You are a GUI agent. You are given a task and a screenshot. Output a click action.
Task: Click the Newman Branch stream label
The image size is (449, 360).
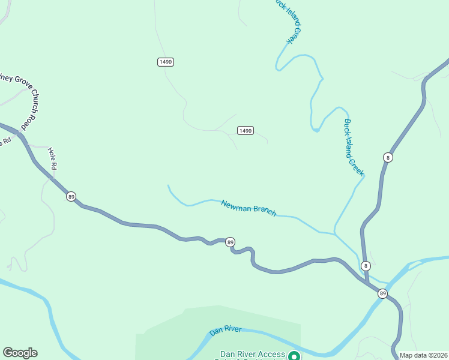point(249,208)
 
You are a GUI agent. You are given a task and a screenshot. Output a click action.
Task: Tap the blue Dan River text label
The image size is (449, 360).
point(225,331)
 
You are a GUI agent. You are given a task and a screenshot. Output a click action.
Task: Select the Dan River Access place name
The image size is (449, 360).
point(252,355)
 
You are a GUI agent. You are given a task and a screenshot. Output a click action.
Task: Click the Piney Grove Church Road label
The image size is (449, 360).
point(19,99)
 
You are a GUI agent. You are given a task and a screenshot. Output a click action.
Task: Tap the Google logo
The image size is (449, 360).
point(20,353)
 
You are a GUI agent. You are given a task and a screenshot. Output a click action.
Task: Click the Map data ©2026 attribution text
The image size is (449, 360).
point(423,355)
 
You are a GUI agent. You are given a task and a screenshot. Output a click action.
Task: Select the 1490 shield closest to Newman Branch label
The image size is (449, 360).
point(245,130)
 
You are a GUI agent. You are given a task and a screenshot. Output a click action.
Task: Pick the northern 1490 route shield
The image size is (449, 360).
point(166,62)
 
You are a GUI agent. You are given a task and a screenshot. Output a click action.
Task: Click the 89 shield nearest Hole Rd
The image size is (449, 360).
point(71,197)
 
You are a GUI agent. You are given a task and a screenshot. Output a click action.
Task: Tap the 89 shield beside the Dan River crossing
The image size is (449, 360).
point(382,293)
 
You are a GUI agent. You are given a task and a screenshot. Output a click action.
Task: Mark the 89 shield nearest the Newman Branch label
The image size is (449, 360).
point(230,242)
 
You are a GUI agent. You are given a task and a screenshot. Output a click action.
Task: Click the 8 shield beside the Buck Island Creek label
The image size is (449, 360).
point(388,157)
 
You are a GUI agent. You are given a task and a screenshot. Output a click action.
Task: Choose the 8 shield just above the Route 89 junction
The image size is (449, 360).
point(366,266)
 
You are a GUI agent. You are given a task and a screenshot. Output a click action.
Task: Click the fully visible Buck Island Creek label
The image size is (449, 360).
point(354,147)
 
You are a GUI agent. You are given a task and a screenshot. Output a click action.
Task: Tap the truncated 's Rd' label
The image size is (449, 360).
point(6,142)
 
